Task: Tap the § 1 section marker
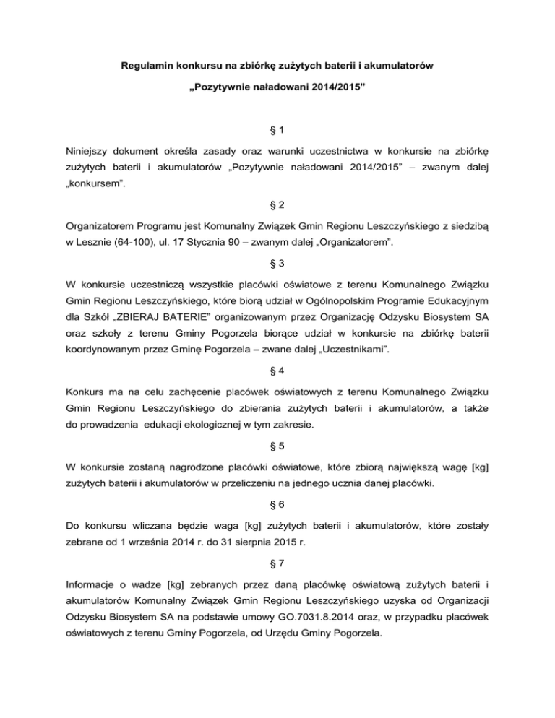277,130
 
